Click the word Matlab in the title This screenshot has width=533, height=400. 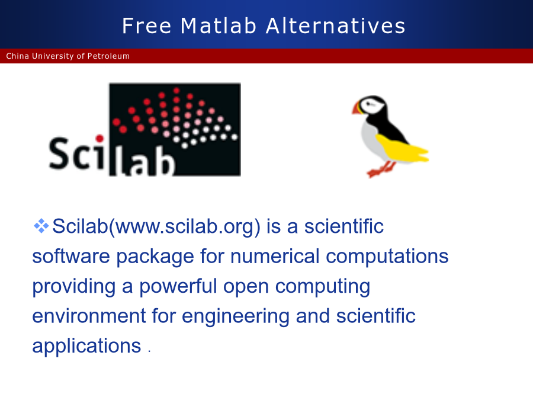tap(218, 26)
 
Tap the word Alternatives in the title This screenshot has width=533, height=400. tap(336, 26)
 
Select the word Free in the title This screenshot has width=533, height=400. tap(146, 26)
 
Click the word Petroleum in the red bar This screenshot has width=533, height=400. tap(108, 56)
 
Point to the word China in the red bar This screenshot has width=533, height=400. tap(17, 56)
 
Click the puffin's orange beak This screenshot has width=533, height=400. tap(357, 108)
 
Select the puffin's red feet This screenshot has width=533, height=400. tap(381, 169)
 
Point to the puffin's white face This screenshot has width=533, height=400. tap(372, 106)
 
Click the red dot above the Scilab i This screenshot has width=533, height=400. tap(99, 139)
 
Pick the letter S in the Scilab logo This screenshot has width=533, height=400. tap(59, 153)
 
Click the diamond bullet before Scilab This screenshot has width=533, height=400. tap(41, 226)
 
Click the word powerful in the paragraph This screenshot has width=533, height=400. tap(178, 286)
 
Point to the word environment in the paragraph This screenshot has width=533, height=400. tap(89, 316)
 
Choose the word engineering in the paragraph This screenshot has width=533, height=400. tap(236, 316)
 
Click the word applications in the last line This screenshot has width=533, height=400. tap(86, 346)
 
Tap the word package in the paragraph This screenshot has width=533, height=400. tap(155, 257)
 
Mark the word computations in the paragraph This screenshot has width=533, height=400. tap(387, 257)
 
